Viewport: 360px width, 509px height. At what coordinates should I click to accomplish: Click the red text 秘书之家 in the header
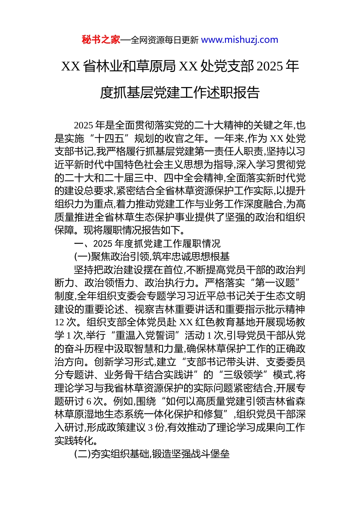pyautogui.click(x=101, y=40)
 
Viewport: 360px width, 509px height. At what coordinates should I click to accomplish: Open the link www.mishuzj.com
pyautogui.click(x=239, y=40)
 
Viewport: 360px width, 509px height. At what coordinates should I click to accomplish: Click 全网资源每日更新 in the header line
pyautogui.click(x=164, y=40)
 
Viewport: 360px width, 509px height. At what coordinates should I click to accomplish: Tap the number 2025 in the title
pyautogui.click(x=270, y=66)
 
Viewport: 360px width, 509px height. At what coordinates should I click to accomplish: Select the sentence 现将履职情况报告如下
pyautogui.click(x=134, y=230)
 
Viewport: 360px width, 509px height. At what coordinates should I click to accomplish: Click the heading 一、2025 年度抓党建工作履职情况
pyautogui.click(x=147, y=244)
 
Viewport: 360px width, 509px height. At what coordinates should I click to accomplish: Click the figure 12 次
pyautogui.click(x=66, y=322)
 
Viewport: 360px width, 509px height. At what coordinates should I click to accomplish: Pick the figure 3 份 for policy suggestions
pyautogui.click(x=156, y=428)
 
